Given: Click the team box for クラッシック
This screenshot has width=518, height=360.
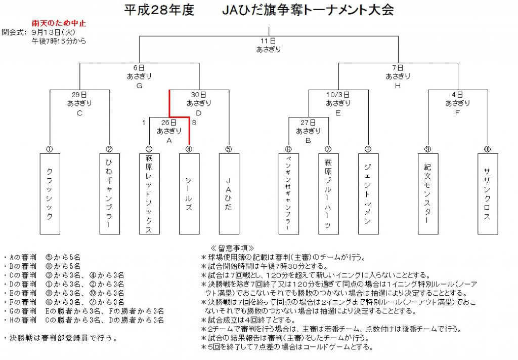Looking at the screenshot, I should click(x=50, y=194).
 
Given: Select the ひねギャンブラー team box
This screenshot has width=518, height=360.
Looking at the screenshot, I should click(x=109, y=194).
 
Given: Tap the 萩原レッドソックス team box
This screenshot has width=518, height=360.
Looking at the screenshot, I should click(x=149, y=194).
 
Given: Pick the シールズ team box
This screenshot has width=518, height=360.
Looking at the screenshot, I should click(x=189, y=194).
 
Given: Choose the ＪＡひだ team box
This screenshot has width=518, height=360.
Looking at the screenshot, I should click(x=229, y=194).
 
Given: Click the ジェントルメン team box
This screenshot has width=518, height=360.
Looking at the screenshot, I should click(x=368, y=194).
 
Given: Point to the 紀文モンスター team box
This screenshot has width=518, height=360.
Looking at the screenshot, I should click(x=428, y=194).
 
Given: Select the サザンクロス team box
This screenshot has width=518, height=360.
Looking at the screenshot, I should click(x=487, y=194).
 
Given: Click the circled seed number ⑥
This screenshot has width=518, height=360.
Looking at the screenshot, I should click(x=288, y=149).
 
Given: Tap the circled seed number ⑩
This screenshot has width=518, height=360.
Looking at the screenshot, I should click(x=487, y=149).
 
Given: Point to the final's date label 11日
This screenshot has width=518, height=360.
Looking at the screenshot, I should click(x=268, y=41).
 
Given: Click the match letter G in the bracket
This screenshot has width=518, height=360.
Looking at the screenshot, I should click(x=139, y=86).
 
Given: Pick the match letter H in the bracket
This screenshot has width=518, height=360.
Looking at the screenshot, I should click(x=398, y=86).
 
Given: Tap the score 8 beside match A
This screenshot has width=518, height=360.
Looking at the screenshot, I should click(x=194, y=122).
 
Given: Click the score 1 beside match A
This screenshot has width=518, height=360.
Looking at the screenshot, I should click(x=144, y=122).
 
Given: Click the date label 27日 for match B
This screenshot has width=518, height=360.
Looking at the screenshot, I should click(x=308, y=122).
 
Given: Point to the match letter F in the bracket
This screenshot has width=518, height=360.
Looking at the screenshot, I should click(x=457, y=113).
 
